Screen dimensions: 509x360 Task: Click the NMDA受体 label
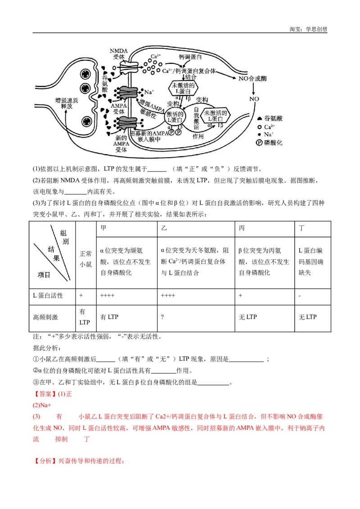(x=119, y=54)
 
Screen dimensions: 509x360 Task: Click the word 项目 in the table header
(x=44, y=274)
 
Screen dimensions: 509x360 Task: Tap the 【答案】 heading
(x=45, y=394)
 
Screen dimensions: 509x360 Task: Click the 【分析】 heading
(x=45, y=461)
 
